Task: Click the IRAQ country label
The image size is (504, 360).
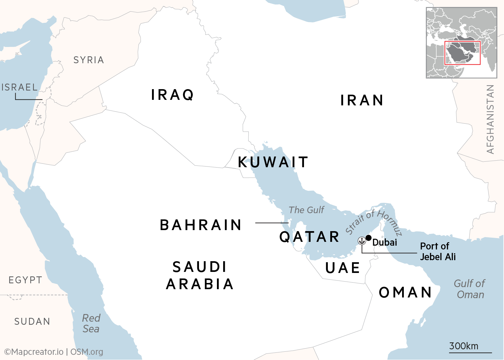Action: click(173, 95)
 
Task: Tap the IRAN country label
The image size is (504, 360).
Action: click(362, 101)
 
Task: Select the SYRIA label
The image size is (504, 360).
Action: click(89, 60)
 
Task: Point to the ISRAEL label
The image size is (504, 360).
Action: click(20, 87)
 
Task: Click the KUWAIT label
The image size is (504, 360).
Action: click(273, 162)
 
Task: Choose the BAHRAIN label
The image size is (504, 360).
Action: click(201, 225)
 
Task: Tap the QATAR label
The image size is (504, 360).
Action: click(310, 237)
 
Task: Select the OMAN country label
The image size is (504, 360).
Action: click(406, 293)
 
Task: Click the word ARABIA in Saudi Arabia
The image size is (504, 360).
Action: click(200, 284)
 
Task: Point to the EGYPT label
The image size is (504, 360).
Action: click(26, 280)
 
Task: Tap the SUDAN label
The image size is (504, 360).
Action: click(32, 322)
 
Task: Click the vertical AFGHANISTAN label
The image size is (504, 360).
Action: click(490, 119)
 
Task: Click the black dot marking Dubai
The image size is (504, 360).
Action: click(369, 238)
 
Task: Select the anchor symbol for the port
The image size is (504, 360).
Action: click(362, 240)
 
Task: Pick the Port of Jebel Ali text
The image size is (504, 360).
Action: click(438, 252)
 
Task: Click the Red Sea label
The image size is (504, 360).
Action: click(91, 323)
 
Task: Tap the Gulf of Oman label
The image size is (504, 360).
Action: click(469, 289)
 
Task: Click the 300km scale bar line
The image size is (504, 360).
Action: click(470, 353)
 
